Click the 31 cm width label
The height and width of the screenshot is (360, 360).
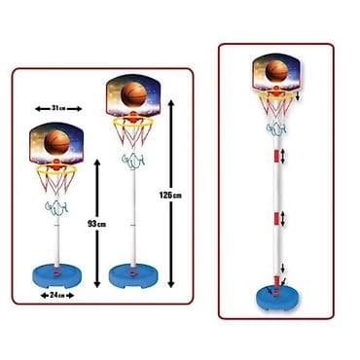tap(58, 108)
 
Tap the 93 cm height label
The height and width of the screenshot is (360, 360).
tap(97, 224)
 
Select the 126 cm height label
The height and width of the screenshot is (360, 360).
tap(170, 195)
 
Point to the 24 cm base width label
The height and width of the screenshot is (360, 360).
tap(57, 295)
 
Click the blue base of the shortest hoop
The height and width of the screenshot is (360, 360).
tap(56, 277)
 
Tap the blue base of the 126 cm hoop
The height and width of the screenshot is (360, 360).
tap(133, 277)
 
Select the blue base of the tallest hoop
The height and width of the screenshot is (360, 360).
tap(277, 299)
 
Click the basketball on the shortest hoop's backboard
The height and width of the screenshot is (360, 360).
tap(57, 142)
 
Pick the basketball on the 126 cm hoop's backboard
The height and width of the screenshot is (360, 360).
tap(133, 93)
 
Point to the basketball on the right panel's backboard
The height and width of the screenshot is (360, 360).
tap(276, 71)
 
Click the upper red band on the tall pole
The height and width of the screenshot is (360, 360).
tap(276, 156)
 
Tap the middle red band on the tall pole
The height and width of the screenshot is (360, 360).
tap(276, 219)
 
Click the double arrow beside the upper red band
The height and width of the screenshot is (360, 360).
tap(284, 156)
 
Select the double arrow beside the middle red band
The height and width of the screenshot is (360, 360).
tap(283, 219)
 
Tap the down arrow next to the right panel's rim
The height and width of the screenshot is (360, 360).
tap(298, 95)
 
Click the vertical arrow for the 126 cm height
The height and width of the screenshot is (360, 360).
tap(171, 194)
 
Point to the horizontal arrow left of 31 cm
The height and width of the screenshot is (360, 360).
tap(43, 109)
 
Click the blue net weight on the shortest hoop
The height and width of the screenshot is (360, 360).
tap(57, 208)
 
